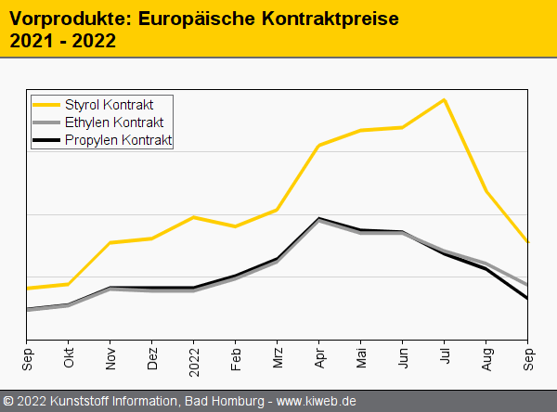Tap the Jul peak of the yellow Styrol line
click(x=445, y=99)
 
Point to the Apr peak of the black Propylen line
click(x=319, y=218)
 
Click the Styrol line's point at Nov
click(x=110, y=242)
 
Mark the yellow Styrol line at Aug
click(x=486, y=192)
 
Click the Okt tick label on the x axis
click(x=69, y=358)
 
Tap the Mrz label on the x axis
click(x=278, y=358)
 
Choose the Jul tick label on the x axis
click(x=445, y=356)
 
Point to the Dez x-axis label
click(x=152, y=358)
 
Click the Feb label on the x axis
click(x=236, y=358)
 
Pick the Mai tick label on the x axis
click(x=361, y=357)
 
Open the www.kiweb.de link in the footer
click(x=317, y=401)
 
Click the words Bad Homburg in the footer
click(x=221, y=401)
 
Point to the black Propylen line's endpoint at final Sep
click(x=527, y=299)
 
